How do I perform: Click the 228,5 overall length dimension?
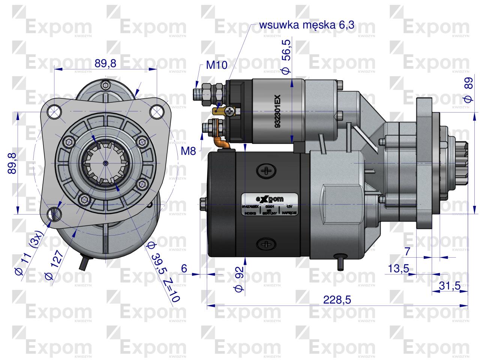(337, 300)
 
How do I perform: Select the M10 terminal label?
(217, 65)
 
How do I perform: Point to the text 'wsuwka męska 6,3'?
(307, 25)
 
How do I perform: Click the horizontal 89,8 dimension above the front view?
(105, 63)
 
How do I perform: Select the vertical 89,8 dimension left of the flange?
(12, 163)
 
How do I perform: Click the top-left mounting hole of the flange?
(55, 111)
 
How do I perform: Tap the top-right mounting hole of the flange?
(156, 111)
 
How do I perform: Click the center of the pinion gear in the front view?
(106, 163)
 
